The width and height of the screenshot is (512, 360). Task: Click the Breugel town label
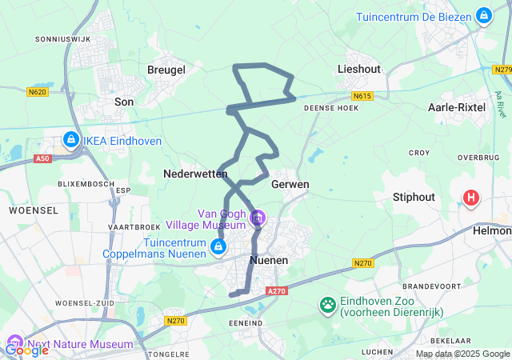click(x=166, y=70)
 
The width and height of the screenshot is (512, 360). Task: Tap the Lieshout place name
click(x=359, y=70)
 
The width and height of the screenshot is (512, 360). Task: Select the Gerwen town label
click(x=290, y=184)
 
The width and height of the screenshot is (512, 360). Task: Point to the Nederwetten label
click(x=195, y=173)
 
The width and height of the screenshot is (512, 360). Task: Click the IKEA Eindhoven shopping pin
click(x=71, y=140)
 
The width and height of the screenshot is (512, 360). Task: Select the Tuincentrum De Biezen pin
click(x=483, y=15)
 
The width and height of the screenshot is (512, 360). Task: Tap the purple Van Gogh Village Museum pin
click(x=258, y=217)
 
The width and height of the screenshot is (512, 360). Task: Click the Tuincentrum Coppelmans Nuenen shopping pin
click(x=217, y=247)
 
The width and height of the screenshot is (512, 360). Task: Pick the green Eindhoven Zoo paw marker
click(x=327, y=304)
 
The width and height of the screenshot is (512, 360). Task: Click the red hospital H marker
click(x=472, y=196)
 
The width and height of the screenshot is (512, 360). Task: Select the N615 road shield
click(x=362, y=96)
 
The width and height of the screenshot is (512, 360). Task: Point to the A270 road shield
click(x=277, y=291)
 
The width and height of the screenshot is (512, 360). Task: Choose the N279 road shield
click(x=503, y=70)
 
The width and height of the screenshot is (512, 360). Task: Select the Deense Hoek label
click(x=331, y=107)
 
